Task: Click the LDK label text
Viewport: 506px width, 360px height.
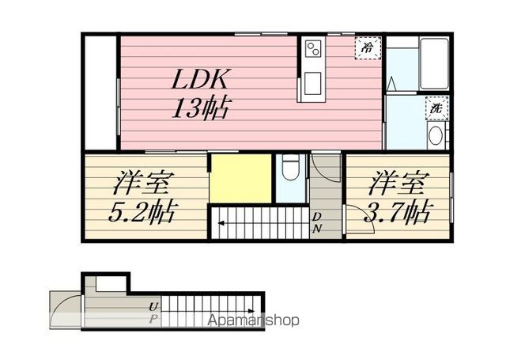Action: (200, 79)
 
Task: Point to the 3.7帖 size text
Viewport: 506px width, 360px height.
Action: (397, 212)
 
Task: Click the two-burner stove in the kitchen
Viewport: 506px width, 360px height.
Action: (313, 48)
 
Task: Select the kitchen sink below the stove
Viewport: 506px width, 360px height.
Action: (313, 83)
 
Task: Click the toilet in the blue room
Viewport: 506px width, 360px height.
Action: (290, 167)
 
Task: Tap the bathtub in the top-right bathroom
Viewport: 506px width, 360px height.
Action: (434, 64)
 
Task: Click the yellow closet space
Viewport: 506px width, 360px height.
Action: (240, 179)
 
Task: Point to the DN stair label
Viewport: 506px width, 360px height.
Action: (317, 222)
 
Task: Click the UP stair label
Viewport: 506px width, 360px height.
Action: (153, 313)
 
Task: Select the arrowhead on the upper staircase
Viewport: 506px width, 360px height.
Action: (221, 223)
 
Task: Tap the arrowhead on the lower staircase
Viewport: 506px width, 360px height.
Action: (251, 311)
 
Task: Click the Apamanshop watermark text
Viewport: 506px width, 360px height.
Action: (253, 320)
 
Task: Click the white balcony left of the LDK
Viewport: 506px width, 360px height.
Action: (100, 93)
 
